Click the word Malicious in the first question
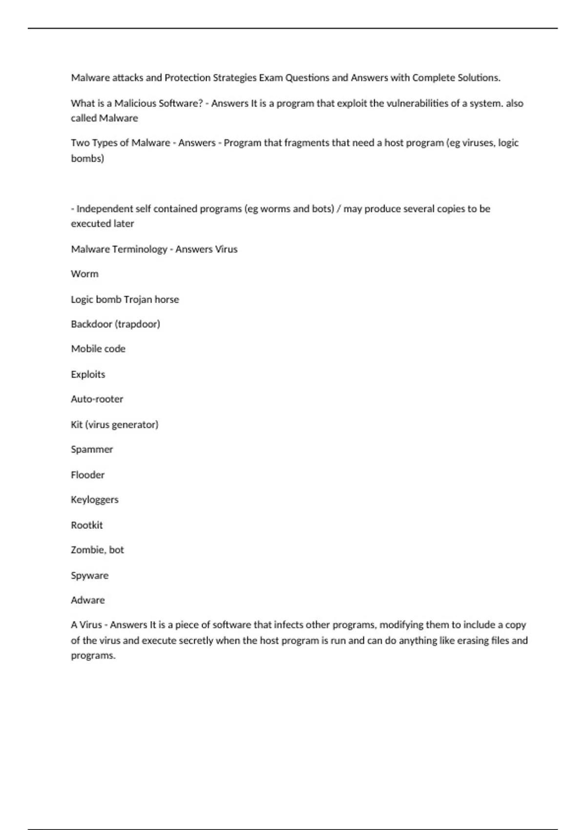[135, 103]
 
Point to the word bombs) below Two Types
[87, 158]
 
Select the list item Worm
[84, 274]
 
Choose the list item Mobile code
[98, 349]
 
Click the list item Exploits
[88, 374]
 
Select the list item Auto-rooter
[97, 399]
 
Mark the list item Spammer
[92, 449]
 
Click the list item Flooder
[88, 475]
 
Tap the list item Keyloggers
[95, 499]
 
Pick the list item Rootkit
[87, 525]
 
